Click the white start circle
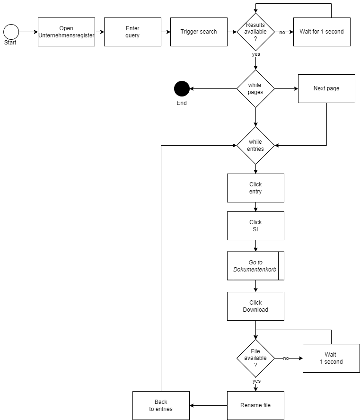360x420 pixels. (x=11, y=32)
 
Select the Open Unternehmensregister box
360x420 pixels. (x=66, y=32)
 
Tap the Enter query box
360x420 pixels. (x=132, y=32)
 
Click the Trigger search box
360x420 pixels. (x=199, y=32)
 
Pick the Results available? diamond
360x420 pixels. (x=255, y=32)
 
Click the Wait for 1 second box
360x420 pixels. (x=322, y=32)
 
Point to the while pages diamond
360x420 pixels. (x=255, y=88)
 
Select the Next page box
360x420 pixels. (x=326, y=88)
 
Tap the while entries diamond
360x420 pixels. (x=255, y=145)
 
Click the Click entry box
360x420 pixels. (x=255, y=188)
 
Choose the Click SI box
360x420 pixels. (x=255, y=226)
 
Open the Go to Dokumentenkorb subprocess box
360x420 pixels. (x=255, y=266)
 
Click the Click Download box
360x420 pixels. (x=255, y=306)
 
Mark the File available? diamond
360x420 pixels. (x=255, y=358)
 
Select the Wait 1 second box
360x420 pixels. (x=331, y=358)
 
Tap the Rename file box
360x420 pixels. (x=255, y=405)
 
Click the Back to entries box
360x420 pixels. (x=161, y=405)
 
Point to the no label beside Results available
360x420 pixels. (x=282, y=33)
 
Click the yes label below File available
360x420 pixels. (x=256, y=381)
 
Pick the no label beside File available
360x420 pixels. (x=286, y=359)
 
